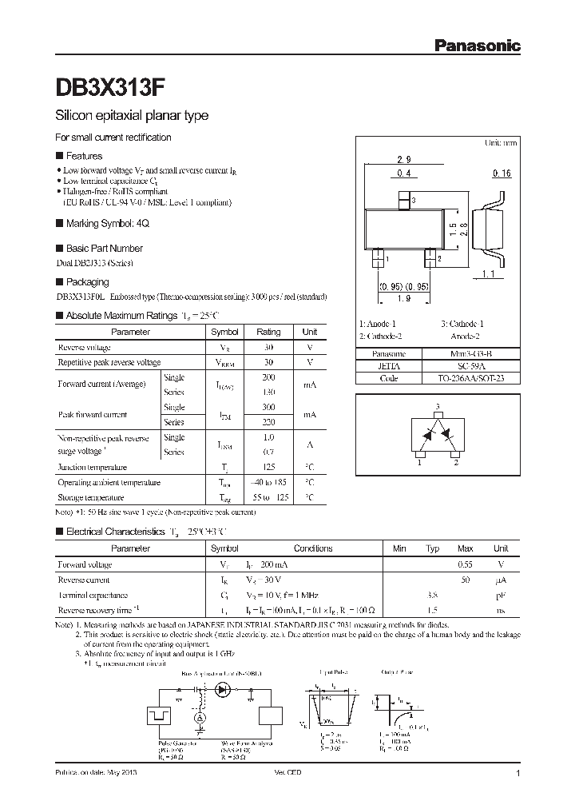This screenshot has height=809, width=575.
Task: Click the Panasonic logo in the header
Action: coord(477,46)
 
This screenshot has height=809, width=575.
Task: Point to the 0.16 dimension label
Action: coord(501,173)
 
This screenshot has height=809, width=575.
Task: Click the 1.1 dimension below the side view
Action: coord(490,274)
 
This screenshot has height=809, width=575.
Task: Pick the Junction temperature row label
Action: coord(92,467)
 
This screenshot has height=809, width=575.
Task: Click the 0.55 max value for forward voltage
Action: coord(466,564)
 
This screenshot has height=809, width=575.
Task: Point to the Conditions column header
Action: coord(313,548)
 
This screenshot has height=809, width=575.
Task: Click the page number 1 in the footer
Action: coord(518,774)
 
